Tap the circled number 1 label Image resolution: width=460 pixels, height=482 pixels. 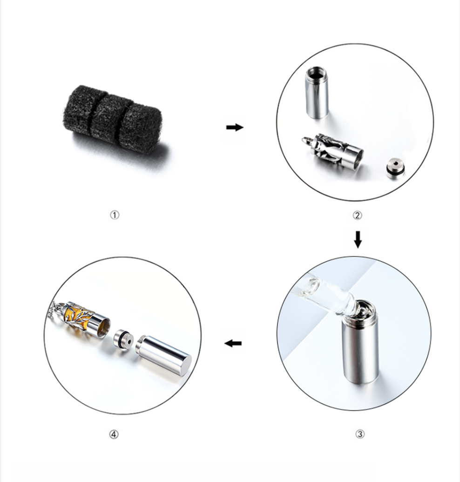coord(115,215)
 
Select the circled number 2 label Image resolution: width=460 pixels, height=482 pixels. coord(357,215)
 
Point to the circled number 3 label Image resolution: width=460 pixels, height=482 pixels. coord(360,434)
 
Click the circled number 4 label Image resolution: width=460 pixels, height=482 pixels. coord(114,434)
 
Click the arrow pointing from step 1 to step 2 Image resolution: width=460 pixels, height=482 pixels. coord(235,127)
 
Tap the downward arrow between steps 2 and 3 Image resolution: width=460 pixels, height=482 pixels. coord(358,239)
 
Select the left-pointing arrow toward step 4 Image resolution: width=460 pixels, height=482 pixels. coord(233,343)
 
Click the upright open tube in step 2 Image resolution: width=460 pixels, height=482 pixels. coord(317,93)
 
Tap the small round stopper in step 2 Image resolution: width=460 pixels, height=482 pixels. coord(395,169)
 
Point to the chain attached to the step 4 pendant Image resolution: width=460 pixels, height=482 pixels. coord(56,309)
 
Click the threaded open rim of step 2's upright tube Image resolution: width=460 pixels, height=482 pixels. coord(316,71)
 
